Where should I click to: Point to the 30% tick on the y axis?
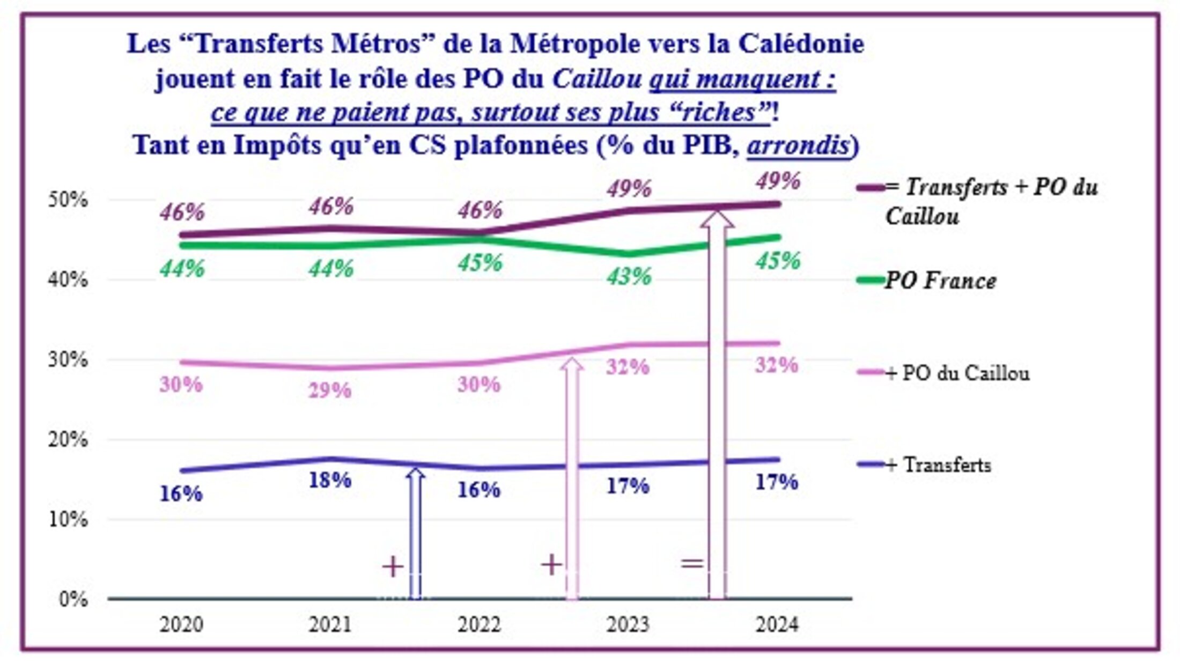point(68,359)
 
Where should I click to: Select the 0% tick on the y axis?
point(73,599)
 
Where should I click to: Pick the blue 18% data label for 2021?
point(330,480)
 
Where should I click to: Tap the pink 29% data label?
point(330,391)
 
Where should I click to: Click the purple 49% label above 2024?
point(778,181)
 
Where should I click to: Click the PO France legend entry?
point(940,281)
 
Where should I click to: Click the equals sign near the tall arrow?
point(692,563)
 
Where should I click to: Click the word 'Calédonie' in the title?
point(801,44)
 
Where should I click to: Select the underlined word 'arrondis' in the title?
point(798,145)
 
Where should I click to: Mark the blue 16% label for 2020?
point(181,494)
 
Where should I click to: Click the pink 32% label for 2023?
point(628,367)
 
